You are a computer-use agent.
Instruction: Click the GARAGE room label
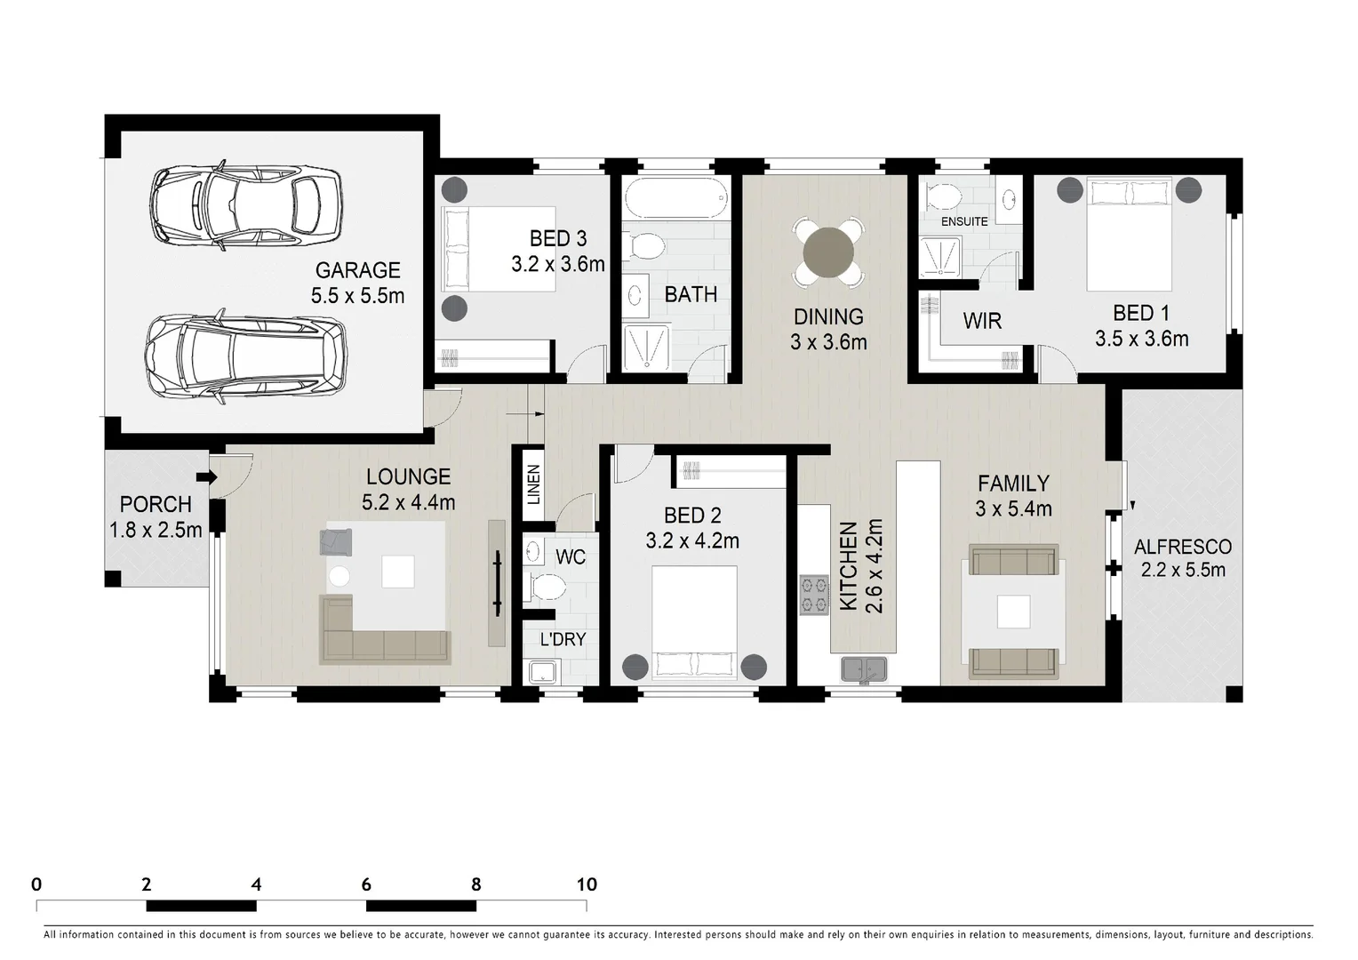coord(357,270)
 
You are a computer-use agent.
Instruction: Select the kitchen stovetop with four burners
coord(814,596)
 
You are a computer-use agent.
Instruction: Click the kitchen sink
coord(861,669)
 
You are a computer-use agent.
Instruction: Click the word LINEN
coord(533,484)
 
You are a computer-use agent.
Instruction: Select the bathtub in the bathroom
coord(675,198)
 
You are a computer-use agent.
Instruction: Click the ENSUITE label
coord(964,221)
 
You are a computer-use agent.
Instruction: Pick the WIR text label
coord(982,321)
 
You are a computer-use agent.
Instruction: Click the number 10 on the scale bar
coord(586,884)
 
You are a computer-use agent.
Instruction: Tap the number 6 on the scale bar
coord(366,884)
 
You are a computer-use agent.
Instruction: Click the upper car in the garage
coord(246,204)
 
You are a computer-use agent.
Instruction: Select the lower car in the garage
coord(246,357)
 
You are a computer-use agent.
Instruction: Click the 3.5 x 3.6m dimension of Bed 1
coord(1141,339)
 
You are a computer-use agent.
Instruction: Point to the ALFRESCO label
coord(1182,547)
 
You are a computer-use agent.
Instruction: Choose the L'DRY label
coord(563,639)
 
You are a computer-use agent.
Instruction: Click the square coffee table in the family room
coord(1013,612)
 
